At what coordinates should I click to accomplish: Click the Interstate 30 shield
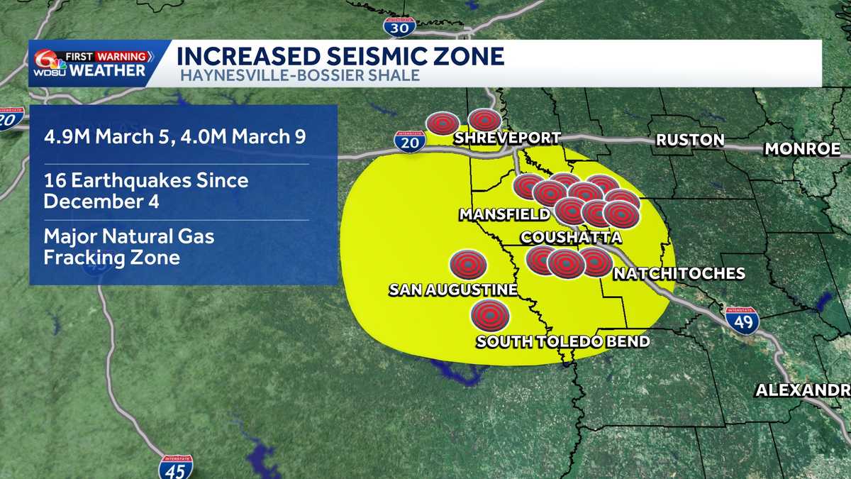399,27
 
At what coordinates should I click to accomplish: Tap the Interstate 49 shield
742,321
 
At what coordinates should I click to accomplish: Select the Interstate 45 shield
175,467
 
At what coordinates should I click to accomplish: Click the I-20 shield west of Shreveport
410,141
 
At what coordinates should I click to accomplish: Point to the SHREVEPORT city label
507,138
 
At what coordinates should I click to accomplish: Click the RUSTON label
690,140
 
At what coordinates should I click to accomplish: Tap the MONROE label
802,149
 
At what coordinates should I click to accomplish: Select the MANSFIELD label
504,214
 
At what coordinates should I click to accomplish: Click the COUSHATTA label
571,238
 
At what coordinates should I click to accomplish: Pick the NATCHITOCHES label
679,273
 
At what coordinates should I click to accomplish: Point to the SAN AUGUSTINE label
452,290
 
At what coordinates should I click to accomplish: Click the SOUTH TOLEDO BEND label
562,341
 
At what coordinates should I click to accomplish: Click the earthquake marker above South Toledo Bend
490,313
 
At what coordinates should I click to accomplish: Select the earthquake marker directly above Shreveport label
485,121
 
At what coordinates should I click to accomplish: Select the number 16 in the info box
52,180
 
